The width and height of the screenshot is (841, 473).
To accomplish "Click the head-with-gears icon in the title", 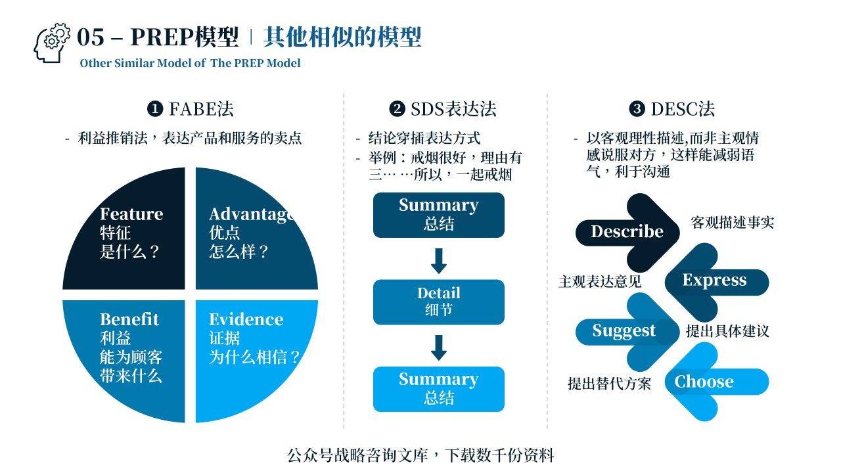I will tap(51, 43).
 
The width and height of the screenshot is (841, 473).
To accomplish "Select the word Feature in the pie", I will tap(131, 214).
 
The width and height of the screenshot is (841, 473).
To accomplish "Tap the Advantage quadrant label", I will tap(250, 214).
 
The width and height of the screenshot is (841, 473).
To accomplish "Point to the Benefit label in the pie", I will tap(129, 319).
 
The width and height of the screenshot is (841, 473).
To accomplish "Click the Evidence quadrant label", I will tap(246, 319).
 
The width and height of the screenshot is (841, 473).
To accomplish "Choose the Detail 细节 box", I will tap(438, 302).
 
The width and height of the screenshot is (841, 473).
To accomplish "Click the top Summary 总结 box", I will tap(438, 214).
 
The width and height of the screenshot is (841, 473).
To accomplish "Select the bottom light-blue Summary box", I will tap(438, 388).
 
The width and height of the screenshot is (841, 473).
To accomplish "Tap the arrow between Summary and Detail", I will tap(438, 260).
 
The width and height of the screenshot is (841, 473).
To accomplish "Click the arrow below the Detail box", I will tap(438, 347).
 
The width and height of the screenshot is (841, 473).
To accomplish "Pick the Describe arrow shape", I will tap(627, 231).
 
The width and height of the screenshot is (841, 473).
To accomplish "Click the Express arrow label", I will tap(714, 281).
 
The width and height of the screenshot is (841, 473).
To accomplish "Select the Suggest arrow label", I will tap(624, 330).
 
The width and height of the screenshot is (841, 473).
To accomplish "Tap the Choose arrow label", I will tap(704, 382).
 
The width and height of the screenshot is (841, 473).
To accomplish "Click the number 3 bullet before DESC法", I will tap(637, 109).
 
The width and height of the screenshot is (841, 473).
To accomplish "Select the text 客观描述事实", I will tap(732, 223).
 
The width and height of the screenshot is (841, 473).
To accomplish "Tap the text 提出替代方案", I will tap(609, 384).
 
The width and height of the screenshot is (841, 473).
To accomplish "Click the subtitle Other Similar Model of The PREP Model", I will tap(190, 63).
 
